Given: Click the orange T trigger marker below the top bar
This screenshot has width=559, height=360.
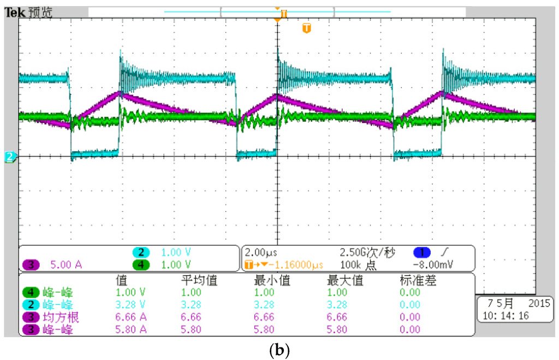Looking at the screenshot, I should pyautogui.click(x=306, y=28).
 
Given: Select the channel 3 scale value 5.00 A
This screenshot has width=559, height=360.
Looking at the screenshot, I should pyautogui.click(x=66, y=265).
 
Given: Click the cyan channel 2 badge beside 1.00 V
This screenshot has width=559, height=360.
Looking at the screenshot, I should pyautogui.click(x=141, y=253).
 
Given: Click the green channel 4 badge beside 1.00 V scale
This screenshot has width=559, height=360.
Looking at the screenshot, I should pyautogui.click(x=141, y=265).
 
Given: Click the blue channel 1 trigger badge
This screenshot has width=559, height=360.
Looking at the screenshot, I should pyautogui.click(x=422, y=253).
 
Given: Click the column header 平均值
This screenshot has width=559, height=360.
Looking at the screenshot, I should pyautogui.click(x=199, y=281).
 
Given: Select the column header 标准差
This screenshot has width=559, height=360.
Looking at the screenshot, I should pyautogui.click(x=418, y=281).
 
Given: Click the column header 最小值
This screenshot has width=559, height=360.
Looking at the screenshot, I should pyautogui.click(x=272, y=281).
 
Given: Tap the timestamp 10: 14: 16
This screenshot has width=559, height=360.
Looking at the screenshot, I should pyautogui.click(x=504, y=316).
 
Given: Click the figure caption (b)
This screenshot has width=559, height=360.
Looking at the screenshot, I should pyautogui.click(x=279, y=350).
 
